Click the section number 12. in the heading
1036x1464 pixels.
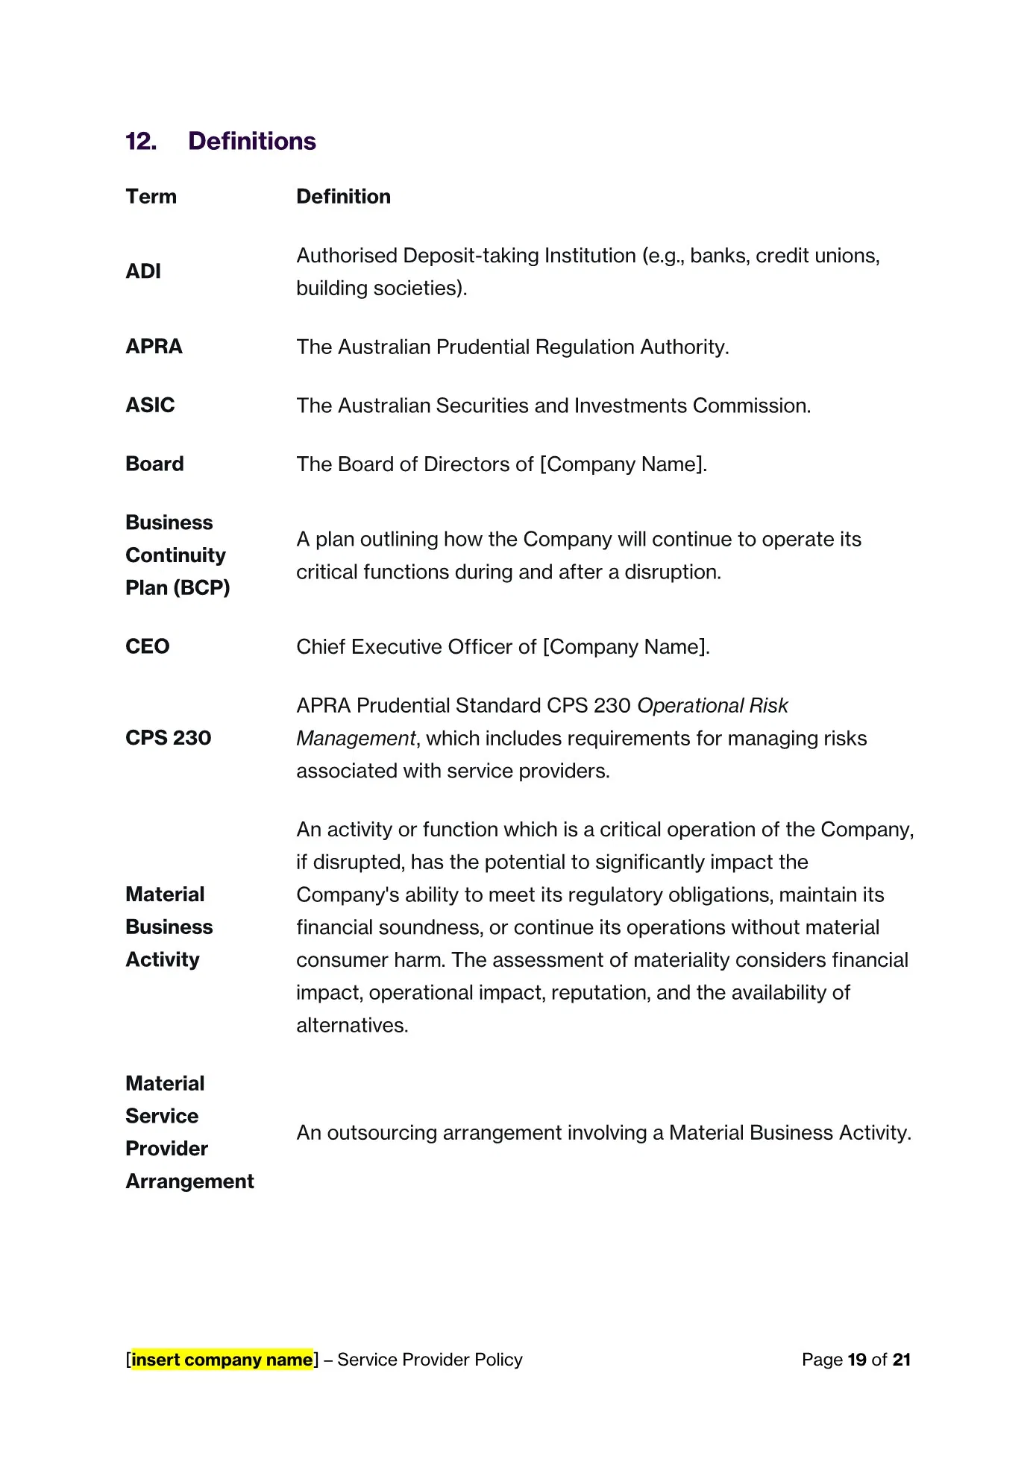click(141, 142)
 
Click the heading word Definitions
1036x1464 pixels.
click(252, 142)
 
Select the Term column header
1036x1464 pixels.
click(151, 197)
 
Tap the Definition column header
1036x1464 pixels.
click(343, 197)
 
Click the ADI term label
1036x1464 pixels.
click(143, 271)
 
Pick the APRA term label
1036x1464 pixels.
click(154, 347)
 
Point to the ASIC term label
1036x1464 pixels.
click(150, 406)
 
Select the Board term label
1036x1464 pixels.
click(154, 464)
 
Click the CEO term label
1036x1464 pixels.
click(148, 646)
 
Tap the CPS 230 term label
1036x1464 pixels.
click(169, 738)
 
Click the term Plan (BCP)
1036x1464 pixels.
click(178, 588)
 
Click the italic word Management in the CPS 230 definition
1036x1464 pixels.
click(356, 739)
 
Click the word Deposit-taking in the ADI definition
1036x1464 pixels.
click(471, 256)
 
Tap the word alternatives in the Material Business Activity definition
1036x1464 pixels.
click(351, 1026)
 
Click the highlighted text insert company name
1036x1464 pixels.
click(222, 1360)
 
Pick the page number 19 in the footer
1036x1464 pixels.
click(857, 1360)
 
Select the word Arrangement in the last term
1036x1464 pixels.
click(189, 1181)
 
